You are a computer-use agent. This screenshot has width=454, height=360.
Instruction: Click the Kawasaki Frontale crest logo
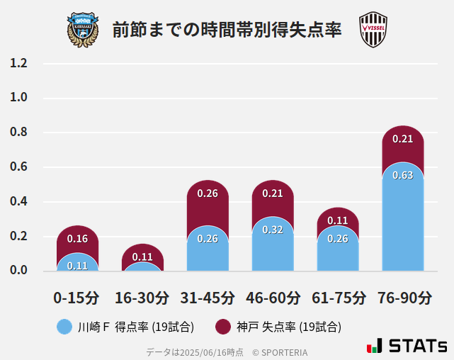83,29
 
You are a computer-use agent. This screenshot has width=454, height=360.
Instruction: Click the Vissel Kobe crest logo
373,29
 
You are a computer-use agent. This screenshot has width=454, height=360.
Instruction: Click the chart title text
227,30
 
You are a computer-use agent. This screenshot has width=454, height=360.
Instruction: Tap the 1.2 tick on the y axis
18,63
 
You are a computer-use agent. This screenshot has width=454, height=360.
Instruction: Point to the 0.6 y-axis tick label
18,167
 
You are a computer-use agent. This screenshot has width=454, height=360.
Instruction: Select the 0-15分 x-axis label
76,297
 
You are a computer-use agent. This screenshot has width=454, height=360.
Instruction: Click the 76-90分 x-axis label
403,297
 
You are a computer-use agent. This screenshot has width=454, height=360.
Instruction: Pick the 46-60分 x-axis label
273,297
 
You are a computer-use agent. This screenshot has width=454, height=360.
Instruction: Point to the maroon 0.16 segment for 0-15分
77,239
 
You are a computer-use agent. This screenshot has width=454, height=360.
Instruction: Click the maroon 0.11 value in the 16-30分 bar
142,256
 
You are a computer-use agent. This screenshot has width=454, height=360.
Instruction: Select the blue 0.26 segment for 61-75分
338,248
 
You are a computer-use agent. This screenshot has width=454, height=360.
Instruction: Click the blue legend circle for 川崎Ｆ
64,327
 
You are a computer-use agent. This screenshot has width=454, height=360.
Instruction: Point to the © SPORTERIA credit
280,352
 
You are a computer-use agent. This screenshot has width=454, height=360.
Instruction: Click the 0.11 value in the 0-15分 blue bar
77,266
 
